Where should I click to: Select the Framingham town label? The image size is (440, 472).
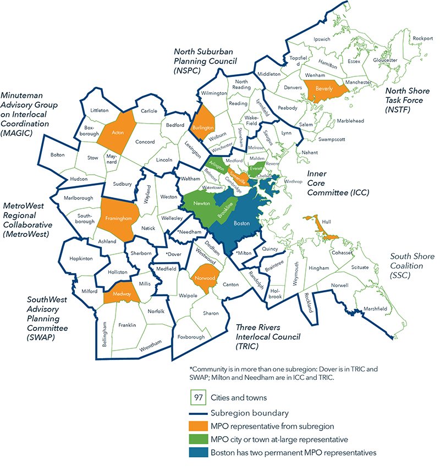click(x=117, y=219)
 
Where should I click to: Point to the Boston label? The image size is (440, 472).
click(x=241, y=224)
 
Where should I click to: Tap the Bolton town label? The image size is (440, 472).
click(x=57, y=155)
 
